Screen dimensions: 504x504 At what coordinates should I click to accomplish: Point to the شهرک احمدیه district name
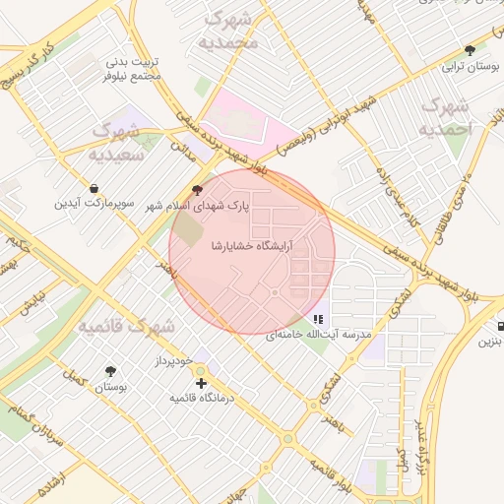click(446, 117)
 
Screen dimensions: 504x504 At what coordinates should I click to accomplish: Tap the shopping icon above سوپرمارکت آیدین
click(94, 188)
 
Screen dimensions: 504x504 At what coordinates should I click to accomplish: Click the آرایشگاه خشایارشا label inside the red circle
click(251, 244)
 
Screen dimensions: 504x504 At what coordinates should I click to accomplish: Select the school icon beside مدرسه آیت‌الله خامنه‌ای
click(317, 319)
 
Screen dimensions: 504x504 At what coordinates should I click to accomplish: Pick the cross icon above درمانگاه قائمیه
click(201, 382)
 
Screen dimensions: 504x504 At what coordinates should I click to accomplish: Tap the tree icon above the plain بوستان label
click(110, 372)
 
